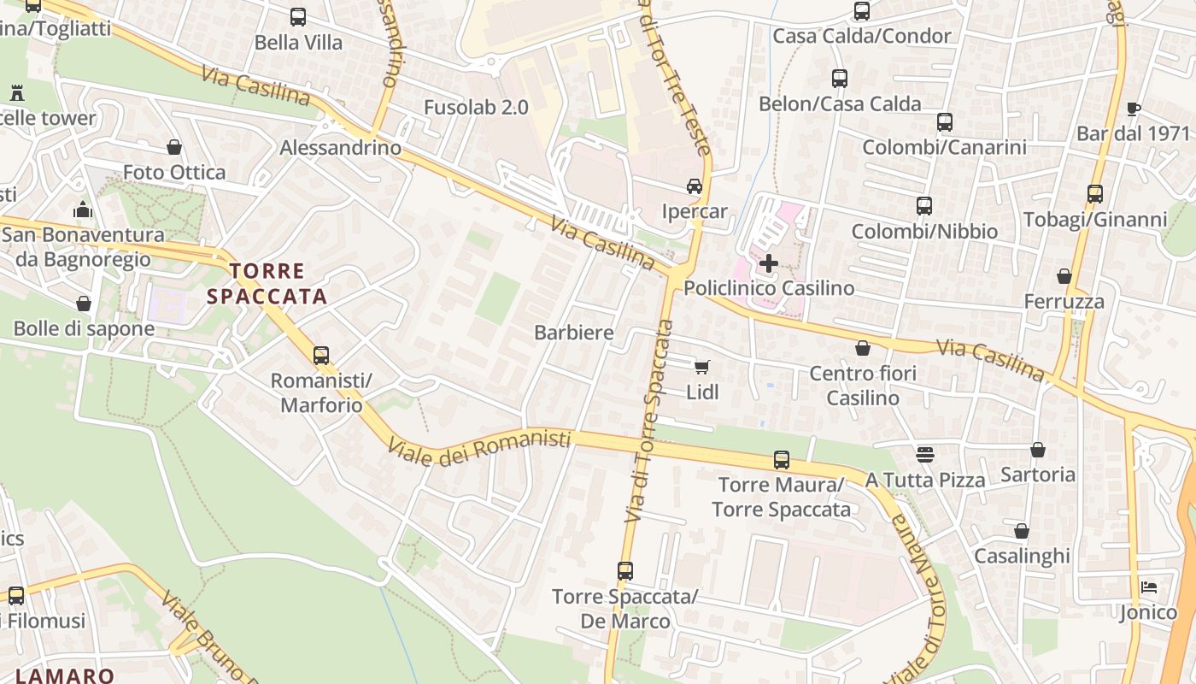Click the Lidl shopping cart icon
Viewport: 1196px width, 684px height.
click(x=701, y=367)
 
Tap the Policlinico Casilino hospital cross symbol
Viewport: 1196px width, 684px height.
click(x=769, y=262)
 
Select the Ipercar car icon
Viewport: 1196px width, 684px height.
click(x=695, y=186)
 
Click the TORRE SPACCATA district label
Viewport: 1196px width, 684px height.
click(x=267, y=284)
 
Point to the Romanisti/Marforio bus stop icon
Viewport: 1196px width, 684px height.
click(x=321, y=355)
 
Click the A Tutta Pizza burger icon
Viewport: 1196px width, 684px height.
click(x=925, y=454)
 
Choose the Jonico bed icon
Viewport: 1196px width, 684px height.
click(x=1149, y=587)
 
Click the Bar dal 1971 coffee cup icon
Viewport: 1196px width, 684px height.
click(x=1134, y=109)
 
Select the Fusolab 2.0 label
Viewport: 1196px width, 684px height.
click(x=476, y=107)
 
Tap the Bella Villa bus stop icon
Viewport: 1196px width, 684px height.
click(x=298, y=16)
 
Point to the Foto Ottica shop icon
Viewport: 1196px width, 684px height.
click(x=174, y=147)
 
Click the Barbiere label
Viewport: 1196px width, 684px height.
click(x=574, y=333)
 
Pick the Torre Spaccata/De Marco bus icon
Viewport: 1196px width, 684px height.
click(x=625, y=570)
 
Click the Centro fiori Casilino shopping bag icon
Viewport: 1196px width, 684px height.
click(x=863, y=348)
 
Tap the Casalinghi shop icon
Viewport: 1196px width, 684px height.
click(x=1022, y=531)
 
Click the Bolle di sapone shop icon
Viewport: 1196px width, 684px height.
click(x=84, y=304)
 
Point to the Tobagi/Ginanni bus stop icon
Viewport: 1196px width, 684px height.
click(x=1095, y=194)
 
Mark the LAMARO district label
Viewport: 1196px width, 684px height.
click(x=65, y=675)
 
